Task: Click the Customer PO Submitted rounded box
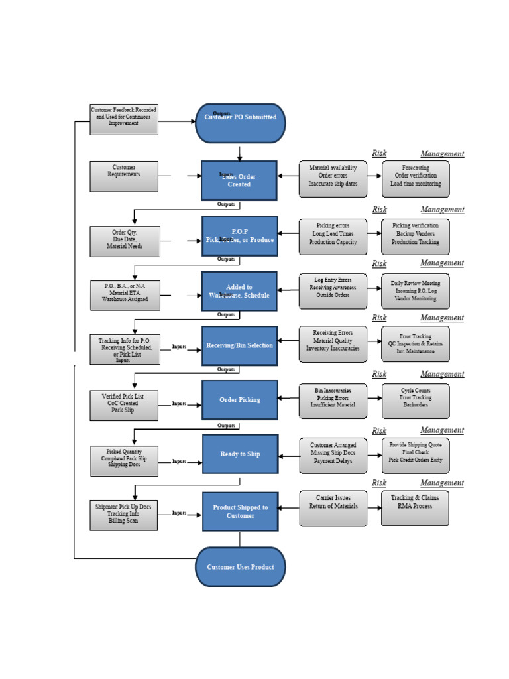(240, 123)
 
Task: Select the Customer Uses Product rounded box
(240, 567)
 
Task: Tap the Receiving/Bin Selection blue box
(239, 345)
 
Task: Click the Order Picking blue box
(239, 400)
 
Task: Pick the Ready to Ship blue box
(240, 454)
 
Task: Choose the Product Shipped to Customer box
(240, 511)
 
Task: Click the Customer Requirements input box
(124, 176)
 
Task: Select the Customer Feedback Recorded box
(124, 119)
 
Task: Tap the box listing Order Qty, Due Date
(124, 241)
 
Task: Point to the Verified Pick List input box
(124, 405)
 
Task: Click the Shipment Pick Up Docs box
(124, 515)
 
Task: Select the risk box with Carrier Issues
(333, 509)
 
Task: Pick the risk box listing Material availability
(333, 179)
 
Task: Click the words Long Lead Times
(333, 234)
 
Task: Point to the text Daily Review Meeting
(416, 283)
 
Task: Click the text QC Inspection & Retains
(416, 344)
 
